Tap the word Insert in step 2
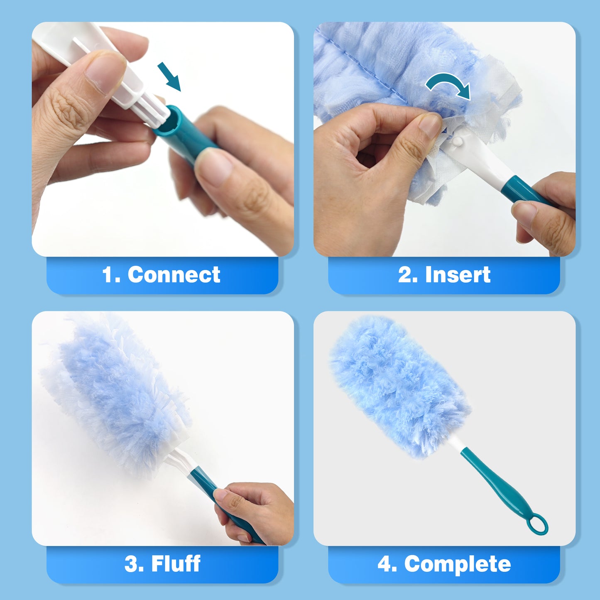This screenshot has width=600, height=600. click(x=458, y=275)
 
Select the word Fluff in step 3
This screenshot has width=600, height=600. click(x=176, y=563)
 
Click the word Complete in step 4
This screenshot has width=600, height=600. click(x=457, y=564)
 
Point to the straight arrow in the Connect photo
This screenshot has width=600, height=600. click(x=169, y=76)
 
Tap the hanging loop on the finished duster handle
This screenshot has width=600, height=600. click(x=538, y=524)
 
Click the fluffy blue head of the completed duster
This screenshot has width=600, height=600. click(x=399, y=384)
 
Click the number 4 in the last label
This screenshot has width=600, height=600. click(x=385, y=564)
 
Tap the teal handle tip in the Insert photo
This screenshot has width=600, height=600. click(x=515, y=189)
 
